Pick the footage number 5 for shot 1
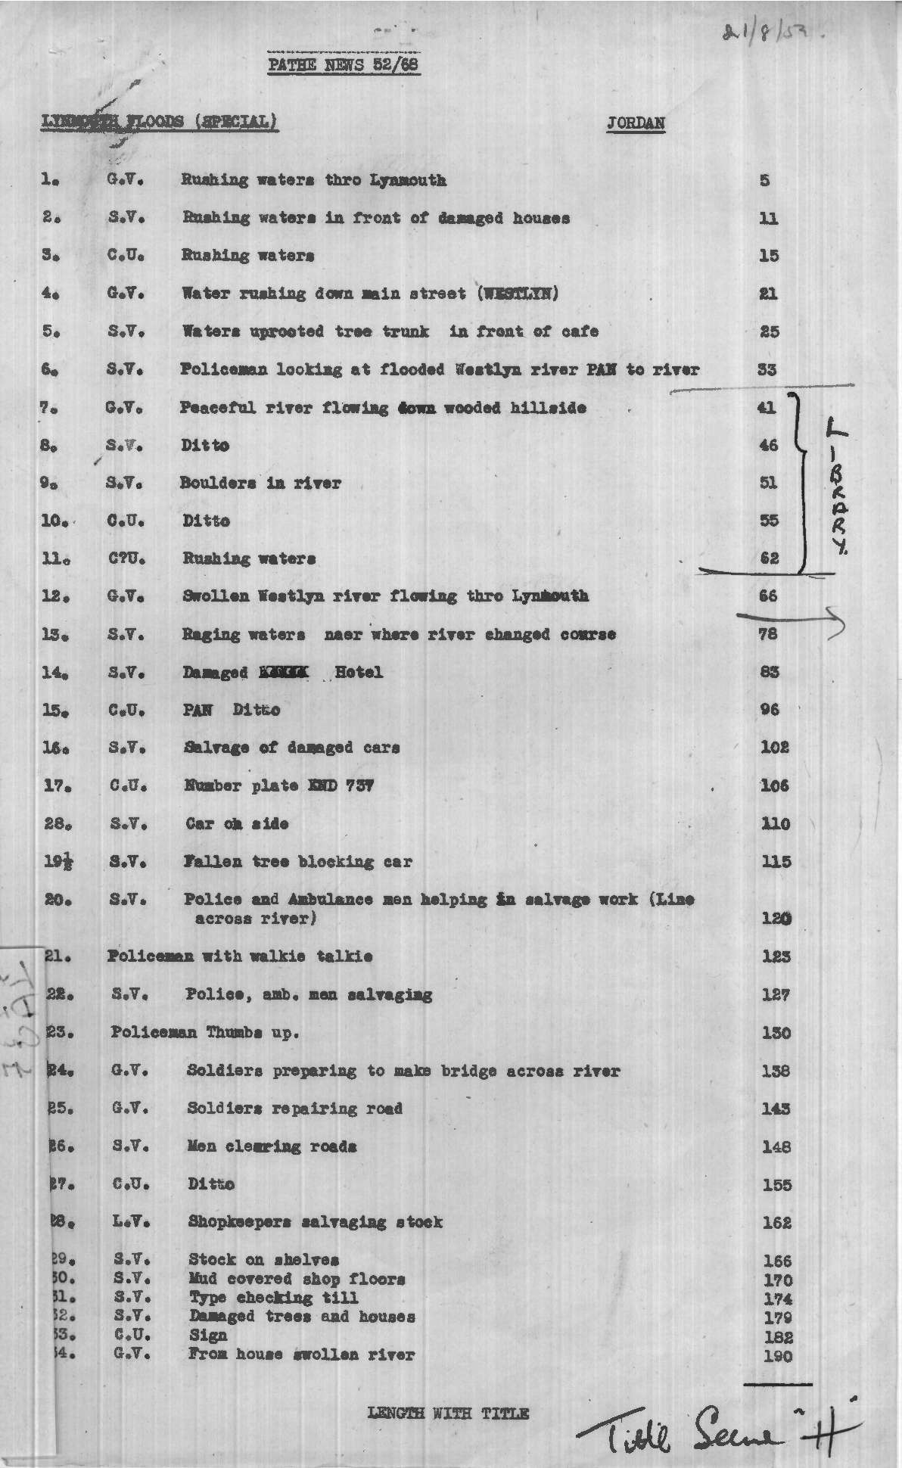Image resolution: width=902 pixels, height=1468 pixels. pos(765,181)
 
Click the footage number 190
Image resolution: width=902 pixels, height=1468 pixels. pos(777,1355)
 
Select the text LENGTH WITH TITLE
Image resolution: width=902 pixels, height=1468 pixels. pos(448,1413)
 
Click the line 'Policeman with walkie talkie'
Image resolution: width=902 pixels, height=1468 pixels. pos(240,956)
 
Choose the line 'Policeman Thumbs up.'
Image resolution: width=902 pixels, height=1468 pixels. pos(205,1032)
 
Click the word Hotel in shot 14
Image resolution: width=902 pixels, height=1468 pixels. pos(358,672)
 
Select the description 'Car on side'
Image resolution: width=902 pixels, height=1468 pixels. pos(237,823)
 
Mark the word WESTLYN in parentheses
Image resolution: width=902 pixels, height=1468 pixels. pos(518,294)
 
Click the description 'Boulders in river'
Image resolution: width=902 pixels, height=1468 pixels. pos(260,483)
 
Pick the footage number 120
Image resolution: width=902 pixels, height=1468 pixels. pos(776,919)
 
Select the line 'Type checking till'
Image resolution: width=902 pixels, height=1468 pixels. pos(274,1298)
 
